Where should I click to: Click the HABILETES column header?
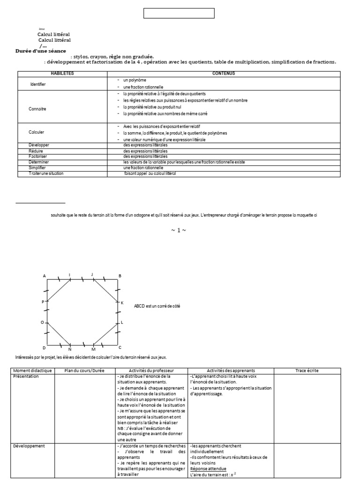point(62,74)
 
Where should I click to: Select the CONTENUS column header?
point(223,74)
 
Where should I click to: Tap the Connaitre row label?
point(37,108)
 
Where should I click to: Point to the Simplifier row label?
point(38,167)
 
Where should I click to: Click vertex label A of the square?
point(45,276)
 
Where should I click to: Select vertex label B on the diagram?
point(120,276)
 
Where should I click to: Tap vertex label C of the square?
point(120,347)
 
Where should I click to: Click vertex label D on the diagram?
point(44,347)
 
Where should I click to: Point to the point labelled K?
point(122,303)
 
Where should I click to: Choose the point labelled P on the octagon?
point(43,302)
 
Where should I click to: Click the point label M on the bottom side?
point(93,350)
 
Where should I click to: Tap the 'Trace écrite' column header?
point(307,371)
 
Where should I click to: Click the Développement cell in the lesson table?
point(29,446)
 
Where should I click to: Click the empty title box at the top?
point(179,13)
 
